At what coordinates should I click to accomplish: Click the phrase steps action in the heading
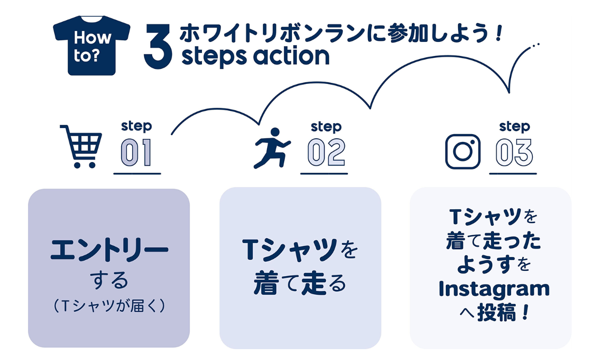[x=255, y=55]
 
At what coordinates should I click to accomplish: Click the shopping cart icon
[x=81, y=146]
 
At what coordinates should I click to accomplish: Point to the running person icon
[x=272, y=148]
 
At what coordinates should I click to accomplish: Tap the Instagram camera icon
[x=463, y=151]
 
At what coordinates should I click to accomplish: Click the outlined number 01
[x=137, y=153]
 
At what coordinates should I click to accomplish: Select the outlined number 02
[x=326, y=153]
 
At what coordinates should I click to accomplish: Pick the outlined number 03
[x=514, y=153]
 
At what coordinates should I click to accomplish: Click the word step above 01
[x=136, y=126]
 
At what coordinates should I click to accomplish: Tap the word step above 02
[x=326, y=127]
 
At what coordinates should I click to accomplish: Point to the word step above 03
[x=514, y=127]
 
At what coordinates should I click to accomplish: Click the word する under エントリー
[x=109, y=281]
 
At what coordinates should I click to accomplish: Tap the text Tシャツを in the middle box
[x=300, y=251]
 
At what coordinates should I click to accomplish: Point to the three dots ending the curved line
[x=535, y=45]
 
